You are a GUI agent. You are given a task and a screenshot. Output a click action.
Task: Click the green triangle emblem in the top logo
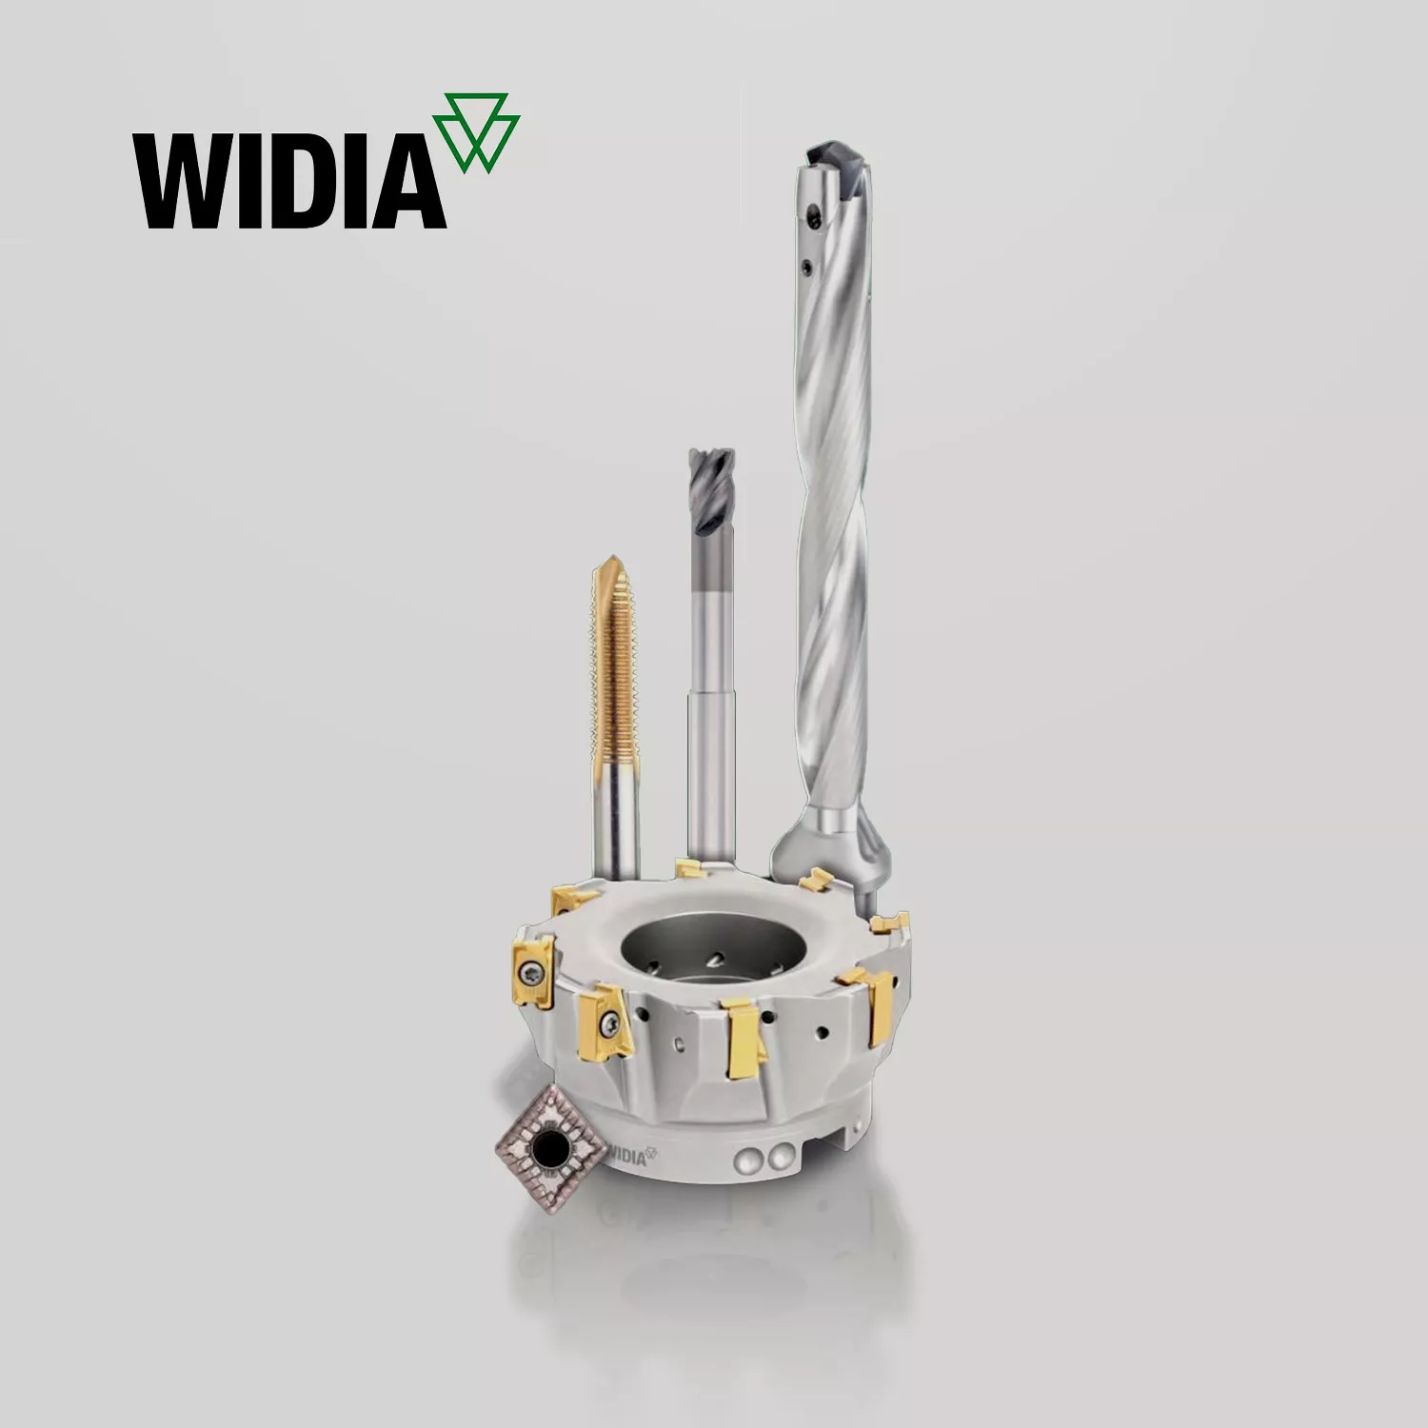476,132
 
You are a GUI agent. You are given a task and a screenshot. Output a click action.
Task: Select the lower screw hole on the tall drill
806,269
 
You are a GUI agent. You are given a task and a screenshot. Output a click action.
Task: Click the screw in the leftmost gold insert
529,971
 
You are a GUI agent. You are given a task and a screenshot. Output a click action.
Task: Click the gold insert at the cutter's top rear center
690,867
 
